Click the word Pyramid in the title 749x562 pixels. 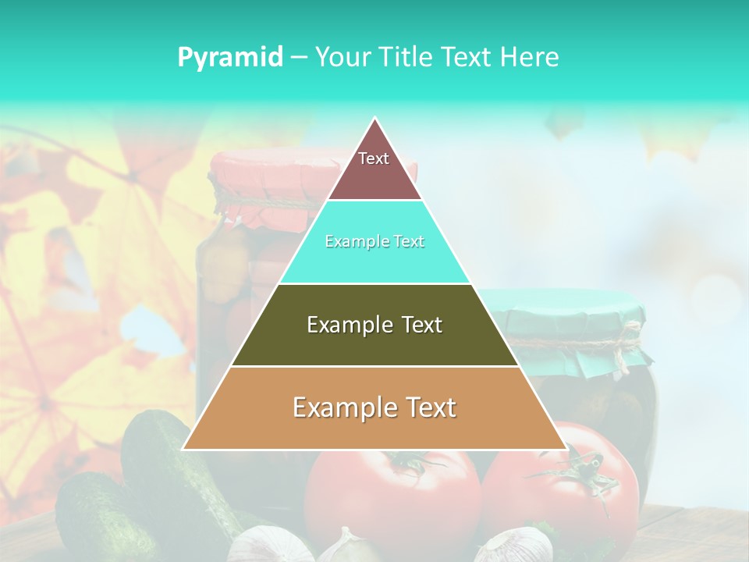[x=229, y=57]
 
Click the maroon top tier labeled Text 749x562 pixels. [x=374, y=168]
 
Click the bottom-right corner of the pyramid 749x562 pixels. [x=565, y=448]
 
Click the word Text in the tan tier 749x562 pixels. [x=429, y=407]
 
